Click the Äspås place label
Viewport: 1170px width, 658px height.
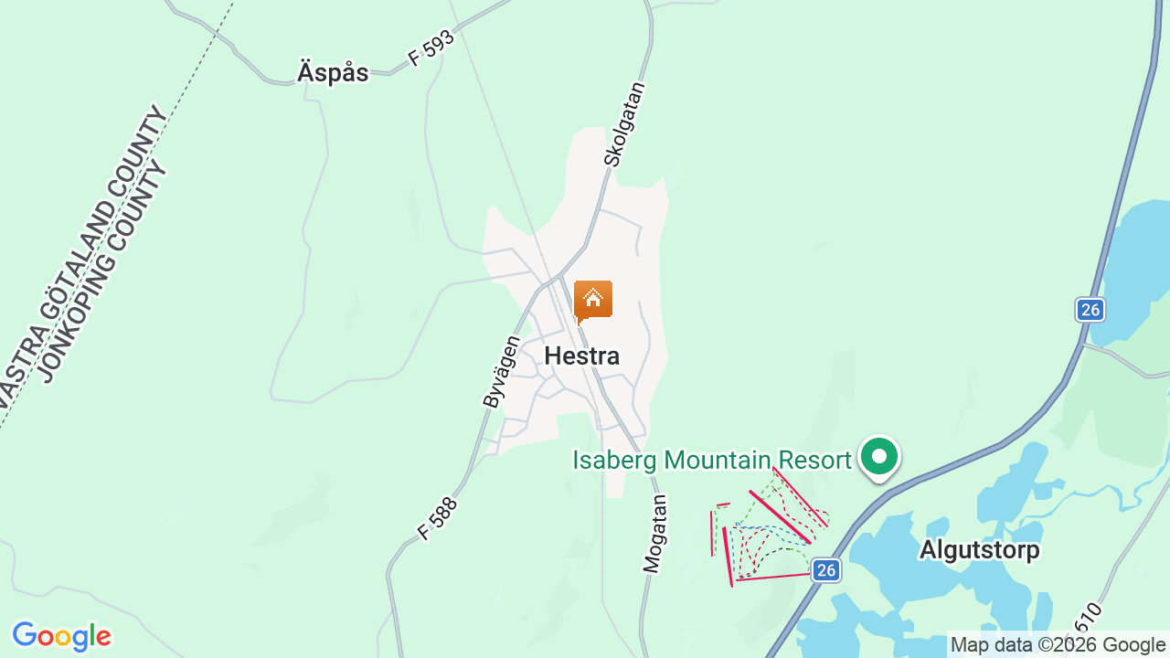[x=333, y=73]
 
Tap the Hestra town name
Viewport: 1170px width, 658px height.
[x=581, y=356]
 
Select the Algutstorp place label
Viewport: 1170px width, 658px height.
[x=979, y=550]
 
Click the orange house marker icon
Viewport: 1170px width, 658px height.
[x=592, y=300]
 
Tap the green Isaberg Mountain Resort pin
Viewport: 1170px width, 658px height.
[x=879, y=456]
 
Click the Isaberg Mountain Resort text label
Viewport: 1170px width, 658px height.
[x=711, y=460]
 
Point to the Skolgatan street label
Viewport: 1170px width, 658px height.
[x=625, y=124]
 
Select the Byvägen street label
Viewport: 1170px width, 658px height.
[x=501, y=371]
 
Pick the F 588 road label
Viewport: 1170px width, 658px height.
[x=437, y=517]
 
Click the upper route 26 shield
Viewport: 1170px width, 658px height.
[x=1090, y=310]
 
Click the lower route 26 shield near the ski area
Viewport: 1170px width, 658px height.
[x=825, y=570]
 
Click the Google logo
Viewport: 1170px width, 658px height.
[x=61, y=636]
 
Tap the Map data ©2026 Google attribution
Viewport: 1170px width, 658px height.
[x=1058, y=645]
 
